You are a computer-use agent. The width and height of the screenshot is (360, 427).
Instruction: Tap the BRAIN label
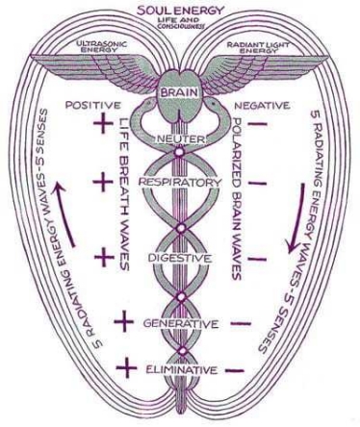point(179,91)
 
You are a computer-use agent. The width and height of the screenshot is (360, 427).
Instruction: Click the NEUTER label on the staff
point(178,141)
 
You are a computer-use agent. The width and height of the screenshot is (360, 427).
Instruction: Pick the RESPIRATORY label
point(179,180)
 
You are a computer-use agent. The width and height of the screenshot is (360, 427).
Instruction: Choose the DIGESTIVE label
point(179,258)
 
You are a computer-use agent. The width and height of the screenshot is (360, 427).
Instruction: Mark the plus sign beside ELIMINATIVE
point(124,367)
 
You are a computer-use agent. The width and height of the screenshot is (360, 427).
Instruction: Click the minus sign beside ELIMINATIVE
point(235,367)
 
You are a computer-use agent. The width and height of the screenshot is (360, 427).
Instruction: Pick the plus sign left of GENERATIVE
point(124,321)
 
